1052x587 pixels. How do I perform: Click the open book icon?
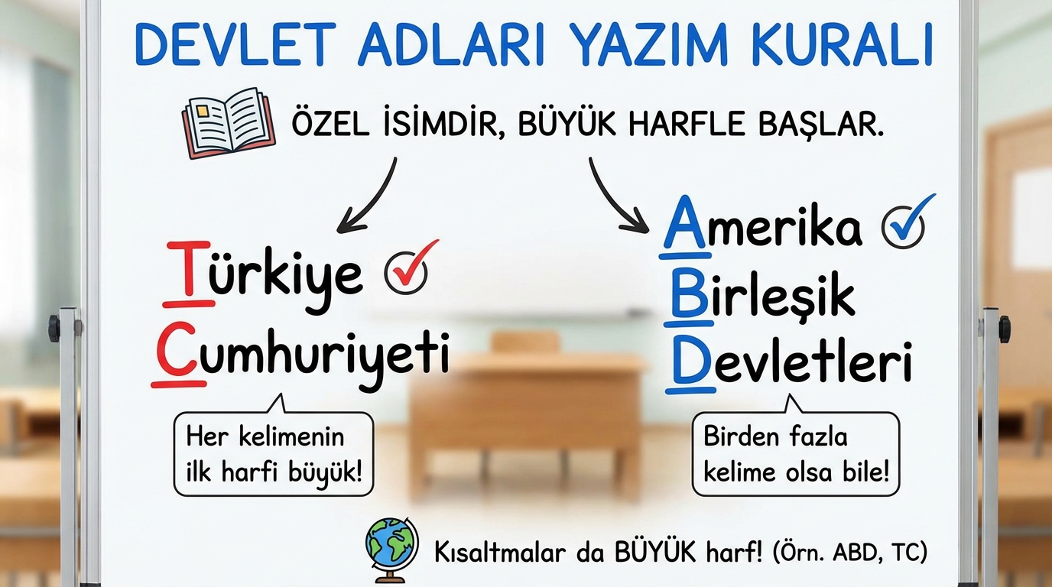pos(229,123)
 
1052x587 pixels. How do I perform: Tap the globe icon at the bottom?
pos(391,550)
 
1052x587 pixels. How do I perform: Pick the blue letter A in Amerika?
pos(686,222)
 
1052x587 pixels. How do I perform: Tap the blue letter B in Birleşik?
pos(690,294)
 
